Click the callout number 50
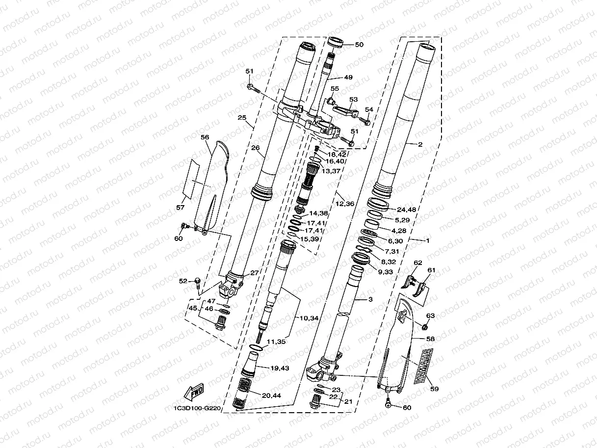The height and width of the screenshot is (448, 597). pos(359,45)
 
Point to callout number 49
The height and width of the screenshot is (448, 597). pos(348,77)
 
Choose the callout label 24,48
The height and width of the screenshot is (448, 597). pos(406,210)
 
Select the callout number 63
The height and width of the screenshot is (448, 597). pos(430,316)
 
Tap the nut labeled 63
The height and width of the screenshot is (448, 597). pos(424,326)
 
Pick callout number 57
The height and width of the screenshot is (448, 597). pos(181,208)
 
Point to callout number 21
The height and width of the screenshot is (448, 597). pos(348,401)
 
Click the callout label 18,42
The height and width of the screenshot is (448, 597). pos(337,155)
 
